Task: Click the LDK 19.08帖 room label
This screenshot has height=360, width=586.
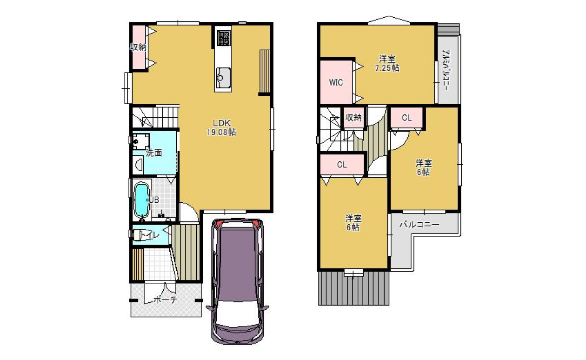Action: click(221, 127)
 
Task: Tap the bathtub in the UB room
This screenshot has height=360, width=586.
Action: click(141, 200)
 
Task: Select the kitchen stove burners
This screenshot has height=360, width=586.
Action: click(223, 38)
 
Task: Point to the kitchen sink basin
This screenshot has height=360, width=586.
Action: click(223, 78)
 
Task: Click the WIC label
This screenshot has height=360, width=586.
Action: click(336, 83)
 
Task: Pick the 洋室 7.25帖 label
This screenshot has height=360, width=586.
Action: click(387, 63)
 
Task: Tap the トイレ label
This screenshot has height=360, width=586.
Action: click(149, 235)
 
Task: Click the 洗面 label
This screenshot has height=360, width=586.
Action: click(154, 153)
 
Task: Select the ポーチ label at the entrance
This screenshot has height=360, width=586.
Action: click(165, 300)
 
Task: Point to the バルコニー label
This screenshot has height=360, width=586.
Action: click(420, 225)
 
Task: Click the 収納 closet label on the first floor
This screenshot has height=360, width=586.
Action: click(138, 47)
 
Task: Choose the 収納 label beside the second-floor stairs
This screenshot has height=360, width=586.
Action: click(353, 118)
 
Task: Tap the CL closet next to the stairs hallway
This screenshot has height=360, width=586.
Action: click(342, 165)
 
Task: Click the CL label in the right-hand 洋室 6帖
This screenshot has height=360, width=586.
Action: click(406, 118)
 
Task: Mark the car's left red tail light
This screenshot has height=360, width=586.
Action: click(219, 224)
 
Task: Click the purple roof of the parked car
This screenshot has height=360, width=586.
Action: click(237, 264)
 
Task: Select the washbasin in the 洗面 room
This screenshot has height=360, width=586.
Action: click(138, 165)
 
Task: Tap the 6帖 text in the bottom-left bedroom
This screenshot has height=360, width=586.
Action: click(353, 227)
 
